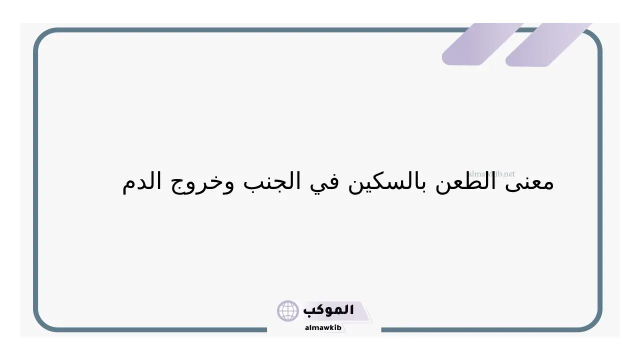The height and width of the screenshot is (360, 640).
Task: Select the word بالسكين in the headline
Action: click(x=387, y=181)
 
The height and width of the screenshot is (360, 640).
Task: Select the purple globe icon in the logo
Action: click(x=287, y=311)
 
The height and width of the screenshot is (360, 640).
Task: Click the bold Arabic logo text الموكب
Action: click(x=328, y=310)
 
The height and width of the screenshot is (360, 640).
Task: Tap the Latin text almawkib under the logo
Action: click(x=323, y=327)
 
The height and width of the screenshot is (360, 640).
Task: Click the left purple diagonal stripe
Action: click(x=482, y=44)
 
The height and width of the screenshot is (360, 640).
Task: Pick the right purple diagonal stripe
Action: click(x=548, y=44)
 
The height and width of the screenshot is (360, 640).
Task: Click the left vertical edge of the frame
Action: click(x=35, y=180)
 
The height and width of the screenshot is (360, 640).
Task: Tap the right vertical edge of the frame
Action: click(x=600, y=180)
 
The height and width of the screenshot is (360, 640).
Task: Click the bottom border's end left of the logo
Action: click(x=266, y=330)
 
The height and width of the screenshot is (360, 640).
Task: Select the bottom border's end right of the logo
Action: click(x=381, y=330)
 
